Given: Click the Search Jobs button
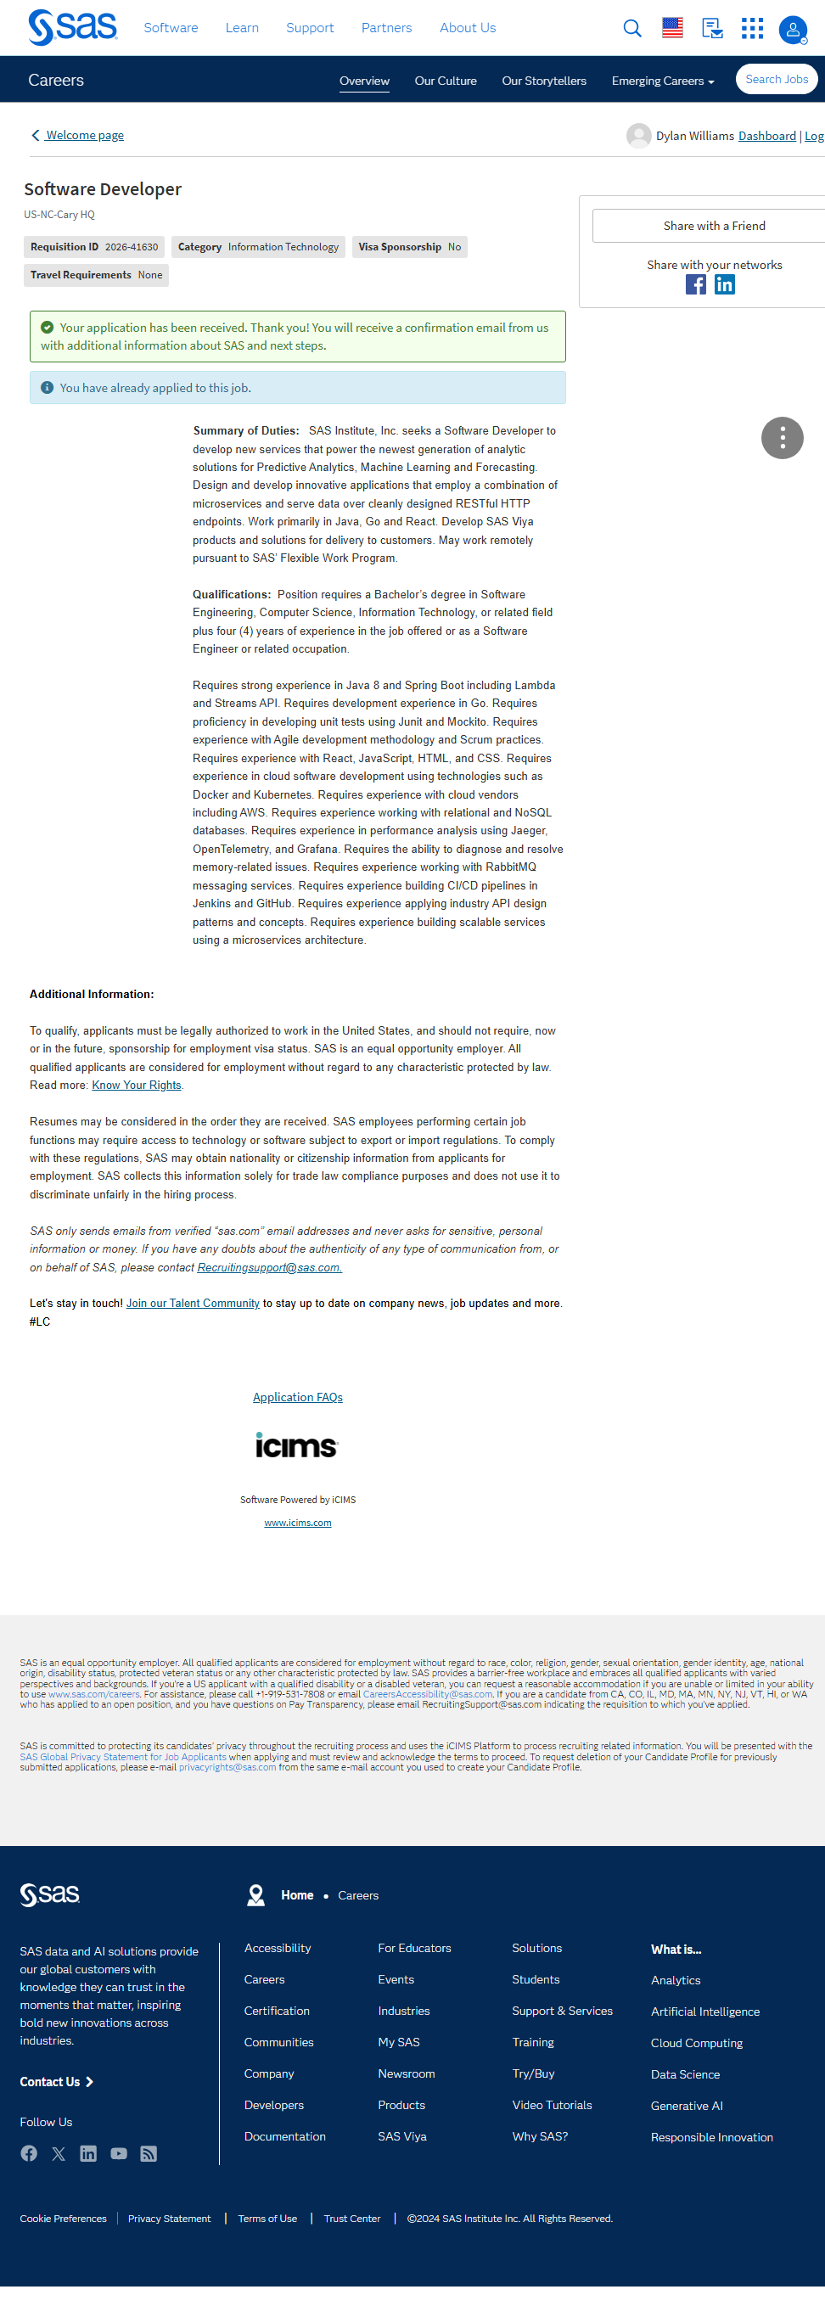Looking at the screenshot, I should (777, 80).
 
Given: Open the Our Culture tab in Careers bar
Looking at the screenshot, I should (446, 81).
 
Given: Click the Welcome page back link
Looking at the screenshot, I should (84, 135).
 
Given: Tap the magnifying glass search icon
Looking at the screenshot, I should (632, 29).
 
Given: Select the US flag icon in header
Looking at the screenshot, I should (672, 29).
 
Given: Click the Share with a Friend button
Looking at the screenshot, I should (713, 227).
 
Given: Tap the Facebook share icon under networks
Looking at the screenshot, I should (696, 285).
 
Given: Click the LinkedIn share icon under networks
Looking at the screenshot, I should (725, 285).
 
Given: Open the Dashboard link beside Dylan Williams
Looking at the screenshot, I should (766, 136).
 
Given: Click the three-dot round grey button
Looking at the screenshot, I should (782, 439).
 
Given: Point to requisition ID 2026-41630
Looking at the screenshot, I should (131, 247).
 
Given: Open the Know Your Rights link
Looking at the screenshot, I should (136, 1086).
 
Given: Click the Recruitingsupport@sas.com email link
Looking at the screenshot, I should (269, 1268).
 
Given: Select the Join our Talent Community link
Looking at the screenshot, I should (193, 1304).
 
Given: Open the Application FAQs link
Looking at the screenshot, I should (298, 1398).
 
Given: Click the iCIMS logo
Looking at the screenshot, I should (296, 1446).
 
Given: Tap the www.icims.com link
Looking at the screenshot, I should (298, 1523).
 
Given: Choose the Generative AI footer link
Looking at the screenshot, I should (686, 2107).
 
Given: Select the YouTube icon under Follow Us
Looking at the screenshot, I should (119, 2154).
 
